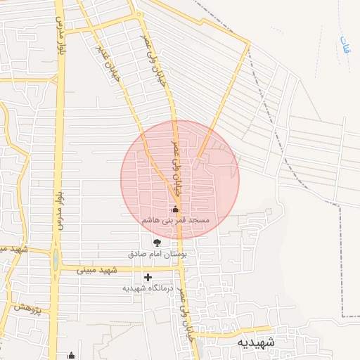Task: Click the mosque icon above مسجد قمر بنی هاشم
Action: click(175, 210)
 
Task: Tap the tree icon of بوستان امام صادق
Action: click(156, 243)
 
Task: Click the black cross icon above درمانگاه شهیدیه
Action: click(148, 278)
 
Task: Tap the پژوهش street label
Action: click(27, 307)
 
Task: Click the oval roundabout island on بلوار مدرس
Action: click(55, 261)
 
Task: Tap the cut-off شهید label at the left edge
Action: click(13, 250)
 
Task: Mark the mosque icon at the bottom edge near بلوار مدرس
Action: click(70, 356)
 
